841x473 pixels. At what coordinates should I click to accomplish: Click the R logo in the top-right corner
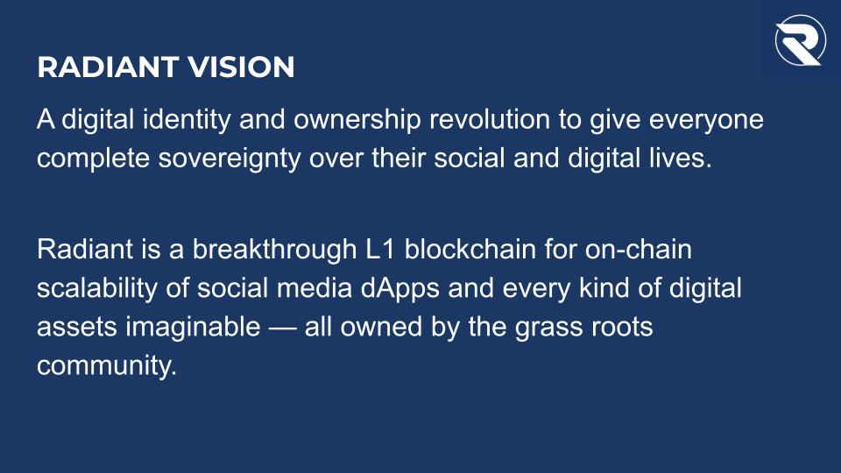800,39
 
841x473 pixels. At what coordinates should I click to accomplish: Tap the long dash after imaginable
283,327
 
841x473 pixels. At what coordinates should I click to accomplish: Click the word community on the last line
106,365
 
